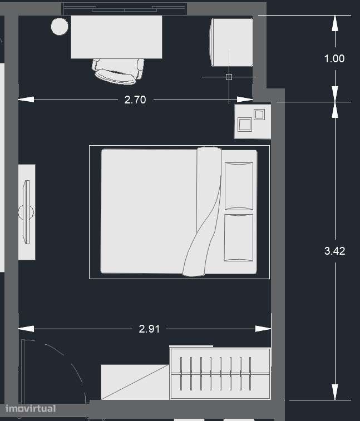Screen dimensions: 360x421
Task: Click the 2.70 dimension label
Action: [x=135, y=100]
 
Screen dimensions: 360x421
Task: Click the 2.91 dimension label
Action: [x=149, y=329]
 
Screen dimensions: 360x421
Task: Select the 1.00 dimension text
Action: [x=334, y=59]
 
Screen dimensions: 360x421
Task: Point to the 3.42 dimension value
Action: [x=335, y=251]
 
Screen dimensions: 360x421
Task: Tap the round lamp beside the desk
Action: [x=60, y=26]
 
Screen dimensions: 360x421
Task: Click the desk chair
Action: [x=118, y=71]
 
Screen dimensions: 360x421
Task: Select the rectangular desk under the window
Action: [x=116, y=37]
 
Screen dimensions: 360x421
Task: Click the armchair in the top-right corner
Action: [x=231, y=42]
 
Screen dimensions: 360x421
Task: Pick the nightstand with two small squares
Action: [x=253, y=122]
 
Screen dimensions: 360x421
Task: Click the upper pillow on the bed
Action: [x=239, y=186]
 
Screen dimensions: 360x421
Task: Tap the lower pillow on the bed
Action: [x=239, y=237]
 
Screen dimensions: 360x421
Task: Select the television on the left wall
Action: [x=27, y=212]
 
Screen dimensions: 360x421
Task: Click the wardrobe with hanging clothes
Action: [x=220, y=374]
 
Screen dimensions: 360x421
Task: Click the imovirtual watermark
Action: [x=31, y=409]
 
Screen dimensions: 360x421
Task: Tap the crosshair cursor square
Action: [x=229, y=77]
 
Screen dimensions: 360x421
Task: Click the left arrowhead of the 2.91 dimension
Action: [x=26, y=329]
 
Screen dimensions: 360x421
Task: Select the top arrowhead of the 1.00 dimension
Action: [x=335, y=23]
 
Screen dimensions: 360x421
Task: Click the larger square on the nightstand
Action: [x=245, y=125]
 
